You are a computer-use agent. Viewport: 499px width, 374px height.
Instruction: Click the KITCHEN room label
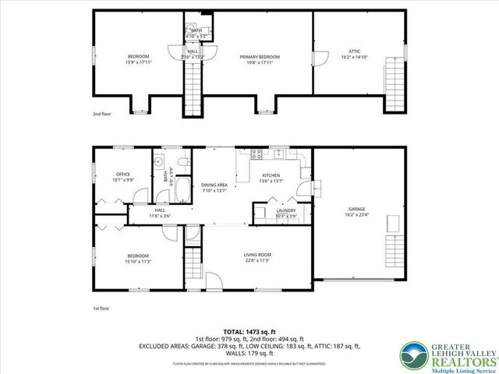tap(271, 175)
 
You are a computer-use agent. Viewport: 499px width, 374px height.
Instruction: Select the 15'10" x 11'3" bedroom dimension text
tap(138, 262)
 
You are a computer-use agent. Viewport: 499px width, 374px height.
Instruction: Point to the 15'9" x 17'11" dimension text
tap(138, 61)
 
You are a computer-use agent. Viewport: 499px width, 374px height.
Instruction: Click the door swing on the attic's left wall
tap(317, 58)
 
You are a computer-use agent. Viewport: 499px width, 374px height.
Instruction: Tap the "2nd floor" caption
tap(102, 114)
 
